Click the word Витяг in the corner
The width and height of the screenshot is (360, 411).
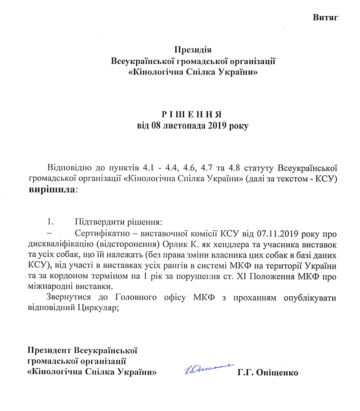click(x=325, y=18)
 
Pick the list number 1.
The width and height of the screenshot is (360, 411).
click(x=50, y=222)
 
